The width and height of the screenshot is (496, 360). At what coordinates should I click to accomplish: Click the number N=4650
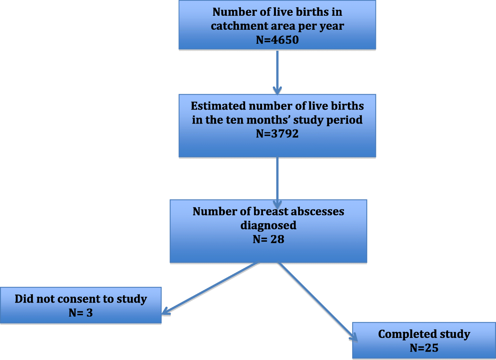277,40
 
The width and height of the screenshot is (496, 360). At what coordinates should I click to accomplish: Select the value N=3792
277,134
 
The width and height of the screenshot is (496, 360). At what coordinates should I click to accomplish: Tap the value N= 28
268,239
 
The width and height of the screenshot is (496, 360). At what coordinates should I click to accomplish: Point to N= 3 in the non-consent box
81,313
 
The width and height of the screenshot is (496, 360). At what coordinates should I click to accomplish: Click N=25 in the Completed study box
424,348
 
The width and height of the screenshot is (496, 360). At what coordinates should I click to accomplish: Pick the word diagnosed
268,225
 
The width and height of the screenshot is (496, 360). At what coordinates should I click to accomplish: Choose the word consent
79,299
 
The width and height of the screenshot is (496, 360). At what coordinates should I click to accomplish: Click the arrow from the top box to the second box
277,72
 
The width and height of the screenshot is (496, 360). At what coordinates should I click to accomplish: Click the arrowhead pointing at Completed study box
354,337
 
